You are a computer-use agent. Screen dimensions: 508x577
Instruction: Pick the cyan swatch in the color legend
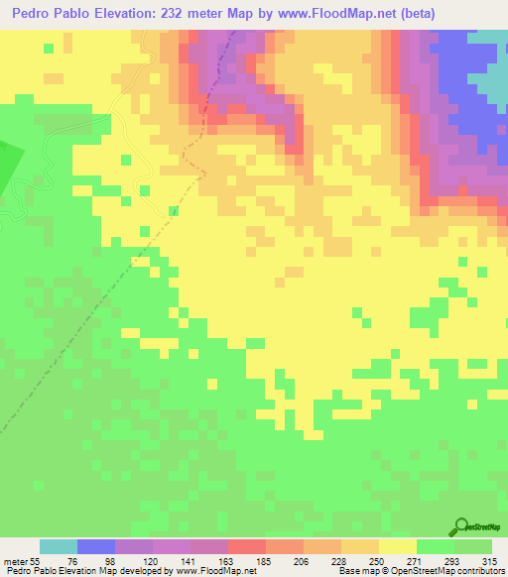(59, 546)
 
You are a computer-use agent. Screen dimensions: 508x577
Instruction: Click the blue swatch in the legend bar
(96, 546)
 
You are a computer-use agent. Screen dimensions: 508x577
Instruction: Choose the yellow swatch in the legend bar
(398, 546)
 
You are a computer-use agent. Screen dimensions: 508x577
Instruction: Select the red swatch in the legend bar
(247, 546)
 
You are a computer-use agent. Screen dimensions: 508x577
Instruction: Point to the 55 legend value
(37, 560)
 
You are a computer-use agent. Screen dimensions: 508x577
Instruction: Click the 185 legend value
(266, 560)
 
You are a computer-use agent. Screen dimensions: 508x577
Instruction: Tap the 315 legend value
(493, 560)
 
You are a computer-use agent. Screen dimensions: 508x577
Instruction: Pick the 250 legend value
(379, 560)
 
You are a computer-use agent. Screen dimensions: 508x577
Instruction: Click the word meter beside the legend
(16, 560)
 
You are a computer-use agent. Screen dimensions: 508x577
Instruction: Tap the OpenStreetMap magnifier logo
(464, 524)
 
